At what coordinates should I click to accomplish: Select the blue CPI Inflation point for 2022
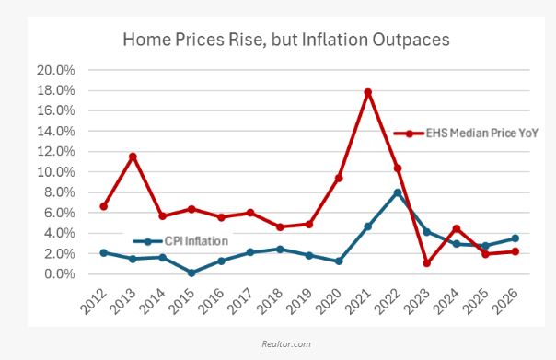pos(397,192)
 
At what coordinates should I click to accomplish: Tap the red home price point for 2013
pos(133,157)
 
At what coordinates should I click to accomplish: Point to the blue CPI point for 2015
pos(191,273)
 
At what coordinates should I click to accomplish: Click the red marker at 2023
pos(427,263)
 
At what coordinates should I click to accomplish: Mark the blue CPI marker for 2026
pos(515,238)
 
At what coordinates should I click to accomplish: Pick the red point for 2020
pos(339,178)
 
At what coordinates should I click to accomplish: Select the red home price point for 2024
pos(457,228)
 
